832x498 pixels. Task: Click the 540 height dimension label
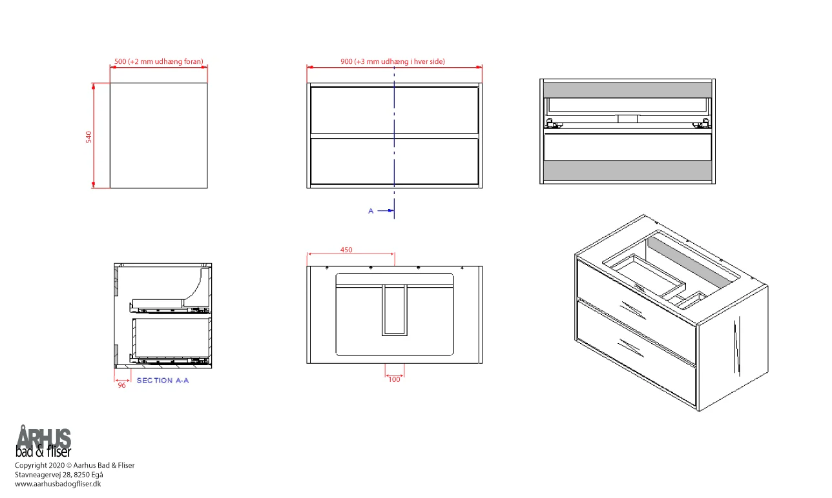click(x=88, y=137)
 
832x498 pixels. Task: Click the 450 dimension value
click(x=346, y=250)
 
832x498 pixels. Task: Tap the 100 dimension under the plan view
click(x=394, y=379)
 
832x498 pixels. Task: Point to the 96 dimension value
click(x=122, y=385)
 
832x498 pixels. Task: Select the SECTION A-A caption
click(x=163, y=381)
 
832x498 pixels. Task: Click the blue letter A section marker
click(x=371, y=211)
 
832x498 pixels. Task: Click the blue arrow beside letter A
click(x=386, y=211)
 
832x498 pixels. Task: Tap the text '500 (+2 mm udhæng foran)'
click(x=159, y=61)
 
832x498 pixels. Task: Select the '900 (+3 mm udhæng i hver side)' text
click(x=393, y=61)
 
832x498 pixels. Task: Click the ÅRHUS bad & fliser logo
click(x=43, y=441)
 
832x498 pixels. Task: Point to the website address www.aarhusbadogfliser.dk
click(x=58, y=484)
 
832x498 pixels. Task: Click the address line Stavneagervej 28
click(x=59, y=475)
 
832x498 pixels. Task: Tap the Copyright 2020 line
click(x=75, y=465)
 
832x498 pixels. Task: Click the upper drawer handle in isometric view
click(x=633, y=310)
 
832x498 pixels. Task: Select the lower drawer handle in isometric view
click(x=631, y=348)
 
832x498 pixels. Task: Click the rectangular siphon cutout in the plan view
click(x=395, y=310)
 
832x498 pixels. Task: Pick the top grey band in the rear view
click(x=627, y=90)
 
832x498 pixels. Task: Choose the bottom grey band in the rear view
click(x=627, y=170)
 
